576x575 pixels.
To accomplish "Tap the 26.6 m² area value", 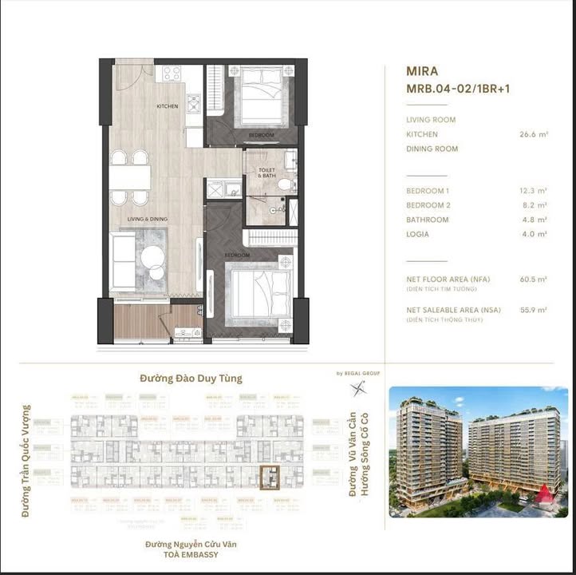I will click(532, 135).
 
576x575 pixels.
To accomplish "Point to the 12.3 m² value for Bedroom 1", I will click(532, 191).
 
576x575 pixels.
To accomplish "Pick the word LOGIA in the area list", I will click(417, 234).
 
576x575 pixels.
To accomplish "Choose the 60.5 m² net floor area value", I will click(532, 280).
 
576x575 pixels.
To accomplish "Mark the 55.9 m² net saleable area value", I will click(532, 310).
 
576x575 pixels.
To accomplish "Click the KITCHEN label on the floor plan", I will click(168, 106).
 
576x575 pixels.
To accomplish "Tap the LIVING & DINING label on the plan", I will click(148, 218).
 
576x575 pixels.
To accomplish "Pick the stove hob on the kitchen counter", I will click(172, 74).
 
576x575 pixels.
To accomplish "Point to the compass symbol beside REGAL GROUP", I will click(358, 388).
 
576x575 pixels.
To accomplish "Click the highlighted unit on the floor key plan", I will click(273, 476).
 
